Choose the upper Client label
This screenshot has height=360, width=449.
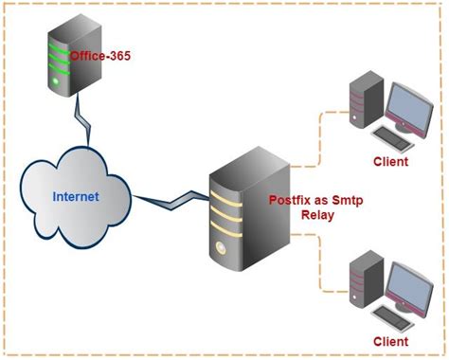[x=389, y=161]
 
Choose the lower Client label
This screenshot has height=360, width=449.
[x=389, y=340]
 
